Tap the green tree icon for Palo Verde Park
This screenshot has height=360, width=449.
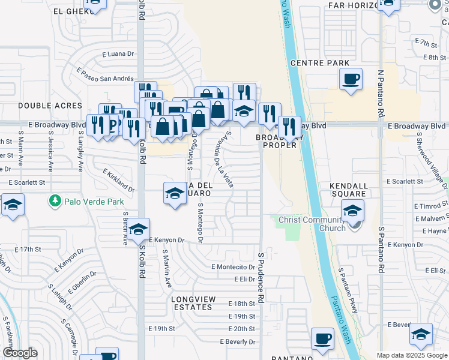[x=55, y=199]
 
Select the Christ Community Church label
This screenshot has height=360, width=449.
[x=312, y=224]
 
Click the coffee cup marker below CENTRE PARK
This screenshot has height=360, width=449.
[x=351, y=78]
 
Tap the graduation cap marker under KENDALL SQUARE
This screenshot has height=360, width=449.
[x=352, y=210]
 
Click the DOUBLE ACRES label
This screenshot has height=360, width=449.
[x=41, y=106]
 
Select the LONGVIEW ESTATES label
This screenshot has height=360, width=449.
[x=191, y=303]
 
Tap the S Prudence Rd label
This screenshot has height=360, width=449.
[x=261, y=277]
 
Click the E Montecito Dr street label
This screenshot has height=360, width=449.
[x=234, y=267]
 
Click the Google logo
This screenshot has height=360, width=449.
[x=20, y=353]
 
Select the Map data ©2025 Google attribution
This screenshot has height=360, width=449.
[x=412, y=356]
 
